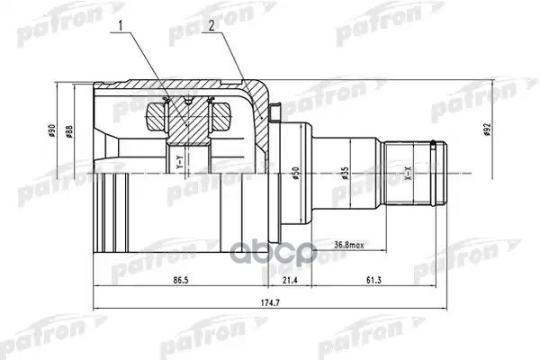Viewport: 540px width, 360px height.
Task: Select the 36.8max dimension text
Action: coord(350,245)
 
